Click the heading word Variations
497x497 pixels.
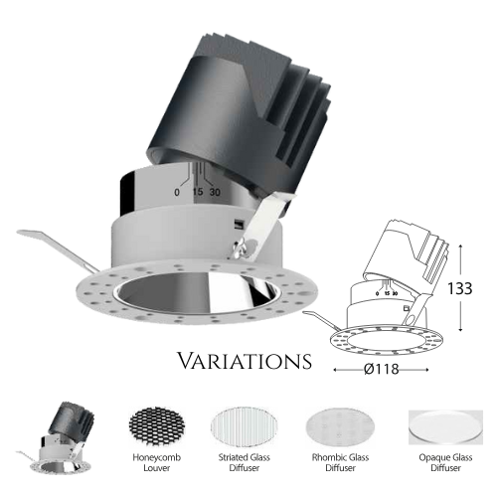pos(245,361)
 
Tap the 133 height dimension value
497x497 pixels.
pos(460,288)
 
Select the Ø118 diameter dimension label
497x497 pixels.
pos(382,369)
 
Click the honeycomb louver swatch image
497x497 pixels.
pos(156,428)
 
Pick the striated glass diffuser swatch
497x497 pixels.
pos(245,428)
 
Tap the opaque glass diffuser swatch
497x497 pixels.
pos(445,427)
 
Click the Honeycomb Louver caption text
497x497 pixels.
pos(157,462)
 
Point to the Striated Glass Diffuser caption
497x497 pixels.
pos(245,462)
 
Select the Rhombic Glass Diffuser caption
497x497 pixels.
pos(340,462)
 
